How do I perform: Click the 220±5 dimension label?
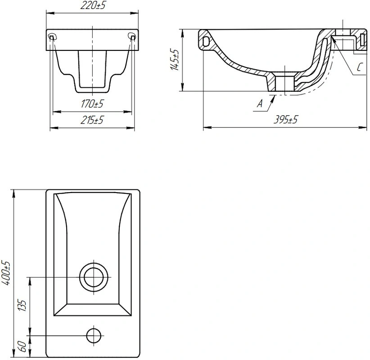coord(93,5)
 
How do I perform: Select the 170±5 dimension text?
coord(92,103)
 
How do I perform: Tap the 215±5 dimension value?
coord(92,120)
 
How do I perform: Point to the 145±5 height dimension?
coord(175,60)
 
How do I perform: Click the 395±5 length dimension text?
coord(286,120)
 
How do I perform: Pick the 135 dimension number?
coord(23,306)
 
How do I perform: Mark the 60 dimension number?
coord(23,346)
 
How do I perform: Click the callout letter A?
coord(260,103)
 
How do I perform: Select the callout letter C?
coord(359,67)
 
